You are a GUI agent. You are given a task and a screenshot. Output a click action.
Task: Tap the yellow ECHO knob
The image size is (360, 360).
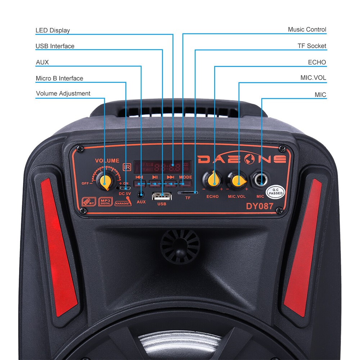(213, 179)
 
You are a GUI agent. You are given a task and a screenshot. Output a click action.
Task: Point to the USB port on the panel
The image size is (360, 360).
(162, 197)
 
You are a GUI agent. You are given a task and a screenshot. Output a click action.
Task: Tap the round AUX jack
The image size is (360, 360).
(141, 194)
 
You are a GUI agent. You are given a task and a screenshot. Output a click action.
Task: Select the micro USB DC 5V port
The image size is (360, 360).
(125, 188)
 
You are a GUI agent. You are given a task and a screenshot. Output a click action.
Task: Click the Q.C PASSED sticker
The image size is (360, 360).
(275, 191)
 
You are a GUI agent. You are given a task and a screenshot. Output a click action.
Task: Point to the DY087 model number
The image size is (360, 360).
(260, 206)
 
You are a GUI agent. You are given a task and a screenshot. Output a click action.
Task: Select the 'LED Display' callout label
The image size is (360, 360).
(53, 30)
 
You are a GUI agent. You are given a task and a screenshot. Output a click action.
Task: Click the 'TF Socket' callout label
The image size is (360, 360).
(312, 46)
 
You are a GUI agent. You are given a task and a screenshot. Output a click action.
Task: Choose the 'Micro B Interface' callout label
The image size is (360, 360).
(59, 78)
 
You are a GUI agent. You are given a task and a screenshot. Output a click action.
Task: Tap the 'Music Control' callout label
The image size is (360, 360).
(307, 30)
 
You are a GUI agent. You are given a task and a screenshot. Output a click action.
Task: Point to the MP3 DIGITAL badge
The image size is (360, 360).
(105, 202)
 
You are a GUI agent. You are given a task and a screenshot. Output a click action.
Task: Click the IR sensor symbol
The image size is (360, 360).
(127, 167)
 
